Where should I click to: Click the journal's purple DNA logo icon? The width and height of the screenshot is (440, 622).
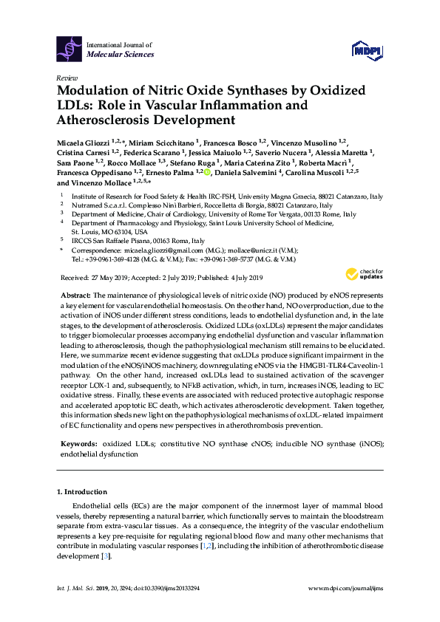(70, 49)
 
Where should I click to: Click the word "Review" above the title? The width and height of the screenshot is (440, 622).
(66, 78)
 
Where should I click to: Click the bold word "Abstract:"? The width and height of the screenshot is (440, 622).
(77, 294)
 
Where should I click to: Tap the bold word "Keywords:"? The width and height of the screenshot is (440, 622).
(79, 442)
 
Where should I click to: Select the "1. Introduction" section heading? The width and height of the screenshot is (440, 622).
(82, 491)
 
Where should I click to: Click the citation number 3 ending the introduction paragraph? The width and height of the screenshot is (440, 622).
(107, 555)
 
